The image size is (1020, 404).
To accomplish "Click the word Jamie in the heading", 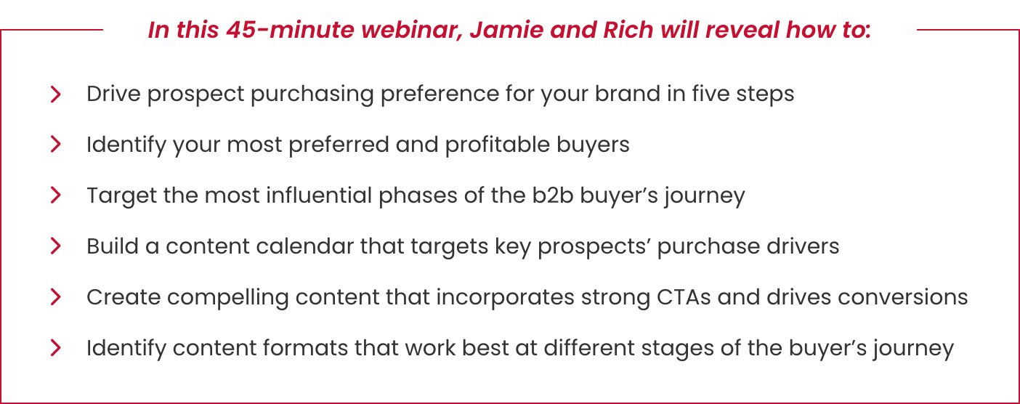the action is pos(506,30).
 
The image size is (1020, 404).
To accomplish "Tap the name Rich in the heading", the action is pos(628,30).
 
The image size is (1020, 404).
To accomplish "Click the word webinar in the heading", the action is pos(412,31).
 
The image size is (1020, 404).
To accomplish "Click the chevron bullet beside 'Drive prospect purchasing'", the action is pos(55,94).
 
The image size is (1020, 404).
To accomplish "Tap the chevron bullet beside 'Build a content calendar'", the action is pos(55,246).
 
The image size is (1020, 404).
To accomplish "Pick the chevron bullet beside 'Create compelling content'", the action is pos(55,297).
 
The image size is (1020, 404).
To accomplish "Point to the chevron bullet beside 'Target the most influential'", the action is pos(55,195).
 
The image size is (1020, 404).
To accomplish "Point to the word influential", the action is pos(319,195).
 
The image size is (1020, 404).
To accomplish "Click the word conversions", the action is pos(902,297).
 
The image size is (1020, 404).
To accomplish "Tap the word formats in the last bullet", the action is pos(306,349).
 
